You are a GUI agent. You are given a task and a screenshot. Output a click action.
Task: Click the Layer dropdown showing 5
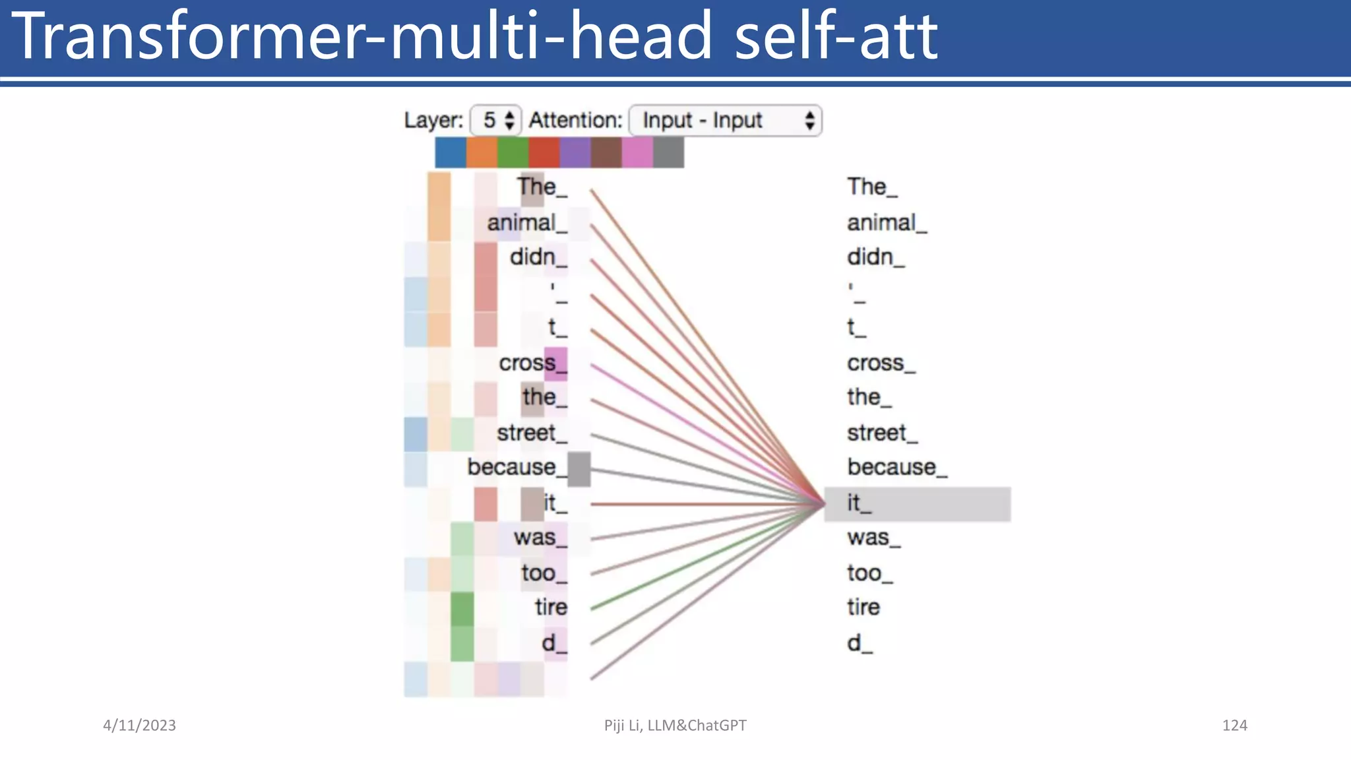click(x=496, y=121)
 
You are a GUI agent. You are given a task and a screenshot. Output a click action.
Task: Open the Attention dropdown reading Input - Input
click(x=725, y=121)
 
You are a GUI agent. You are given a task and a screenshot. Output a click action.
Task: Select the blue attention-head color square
click(x=451, y=152)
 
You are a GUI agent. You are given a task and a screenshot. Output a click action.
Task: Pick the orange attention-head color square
click(x=482, y=152)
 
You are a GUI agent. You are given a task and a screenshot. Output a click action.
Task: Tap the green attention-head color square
click(x=513, y=152)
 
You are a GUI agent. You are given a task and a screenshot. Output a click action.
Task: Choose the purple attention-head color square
click(x=575, y=152)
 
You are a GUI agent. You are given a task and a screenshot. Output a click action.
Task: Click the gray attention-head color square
click(x=668, y=152)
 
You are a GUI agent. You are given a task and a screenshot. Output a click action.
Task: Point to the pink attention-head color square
click(x=637, y=152)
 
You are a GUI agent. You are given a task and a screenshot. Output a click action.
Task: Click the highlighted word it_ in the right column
click(x=859, y=504)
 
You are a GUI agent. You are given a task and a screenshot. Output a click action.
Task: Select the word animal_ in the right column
click(x=886, y=223)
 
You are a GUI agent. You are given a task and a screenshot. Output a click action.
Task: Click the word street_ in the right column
click(x=881, y=433)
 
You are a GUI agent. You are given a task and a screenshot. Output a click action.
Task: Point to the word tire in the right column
click(x=863, y=608)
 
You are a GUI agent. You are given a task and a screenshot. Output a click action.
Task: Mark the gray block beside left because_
click(x=579, y=469)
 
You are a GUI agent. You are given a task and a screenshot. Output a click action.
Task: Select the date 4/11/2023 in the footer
click(x=139, y=726)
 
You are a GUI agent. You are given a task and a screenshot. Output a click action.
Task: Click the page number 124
click(x=1234, y=726)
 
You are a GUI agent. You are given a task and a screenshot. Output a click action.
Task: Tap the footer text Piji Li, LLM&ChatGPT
click(x=675, y=726)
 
